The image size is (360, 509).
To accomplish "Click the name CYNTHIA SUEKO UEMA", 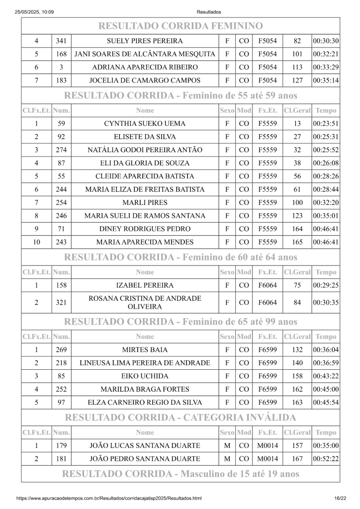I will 145,124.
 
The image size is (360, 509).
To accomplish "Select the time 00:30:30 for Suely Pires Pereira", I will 326,41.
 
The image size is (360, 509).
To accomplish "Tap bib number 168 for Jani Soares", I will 61,54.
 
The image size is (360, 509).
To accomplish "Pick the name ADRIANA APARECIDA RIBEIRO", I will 145,67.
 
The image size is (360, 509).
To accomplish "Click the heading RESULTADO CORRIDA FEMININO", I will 180,25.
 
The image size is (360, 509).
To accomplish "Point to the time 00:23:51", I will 326,124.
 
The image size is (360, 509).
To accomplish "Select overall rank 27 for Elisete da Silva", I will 297,137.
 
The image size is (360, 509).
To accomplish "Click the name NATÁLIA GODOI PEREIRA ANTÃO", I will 145,150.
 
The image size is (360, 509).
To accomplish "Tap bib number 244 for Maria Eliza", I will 61,189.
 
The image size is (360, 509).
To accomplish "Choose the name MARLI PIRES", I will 145,202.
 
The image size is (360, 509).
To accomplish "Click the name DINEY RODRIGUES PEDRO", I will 145,229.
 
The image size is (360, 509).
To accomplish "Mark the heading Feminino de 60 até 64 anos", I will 181,257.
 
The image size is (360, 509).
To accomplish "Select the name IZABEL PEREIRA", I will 145,285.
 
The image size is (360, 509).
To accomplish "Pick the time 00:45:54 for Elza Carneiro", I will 326,402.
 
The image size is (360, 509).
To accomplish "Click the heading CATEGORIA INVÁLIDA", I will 180,417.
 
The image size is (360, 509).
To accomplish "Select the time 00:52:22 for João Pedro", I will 326,458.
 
